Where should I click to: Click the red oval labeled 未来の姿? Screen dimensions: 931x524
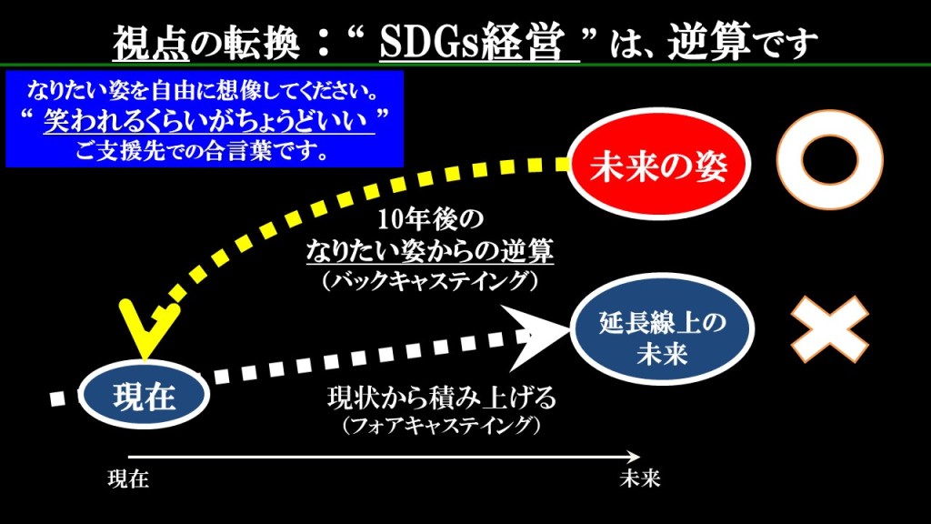coord(659,164)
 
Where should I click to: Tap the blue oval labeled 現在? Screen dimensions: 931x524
coord(145,395)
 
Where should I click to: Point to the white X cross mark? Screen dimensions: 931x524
coord(829,329)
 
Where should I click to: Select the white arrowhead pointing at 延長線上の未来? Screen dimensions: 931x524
coord(535,337)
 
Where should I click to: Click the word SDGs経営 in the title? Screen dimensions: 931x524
coord(472,42)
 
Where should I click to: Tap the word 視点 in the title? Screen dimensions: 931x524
coord(151,43)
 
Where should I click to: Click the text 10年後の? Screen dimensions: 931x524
coord(430,219)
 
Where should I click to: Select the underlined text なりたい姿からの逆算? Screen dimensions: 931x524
coord(430,251)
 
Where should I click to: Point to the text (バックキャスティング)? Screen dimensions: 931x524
coord(430,280)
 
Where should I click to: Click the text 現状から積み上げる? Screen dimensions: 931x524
coord(442,398)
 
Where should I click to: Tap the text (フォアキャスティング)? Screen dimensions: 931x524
coord(442,426)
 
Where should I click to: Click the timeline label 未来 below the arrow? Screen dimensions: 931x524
coord(639,479)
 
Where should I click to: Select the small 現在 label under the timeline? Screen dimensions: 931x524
coord(128,479)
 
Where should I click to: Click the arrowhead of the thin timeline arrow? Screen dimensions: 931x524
coord(634,457)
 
